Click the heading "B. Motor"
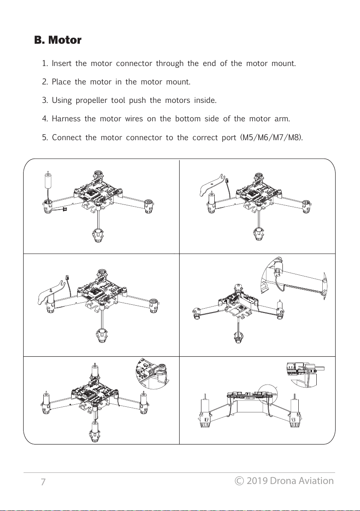click(x=58, y=41)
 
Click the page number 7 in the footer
click(x=43, y=482)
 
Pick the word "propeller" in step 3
click(x=91, y=101)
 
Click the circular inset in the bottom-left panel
click(x=152, y=373)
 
